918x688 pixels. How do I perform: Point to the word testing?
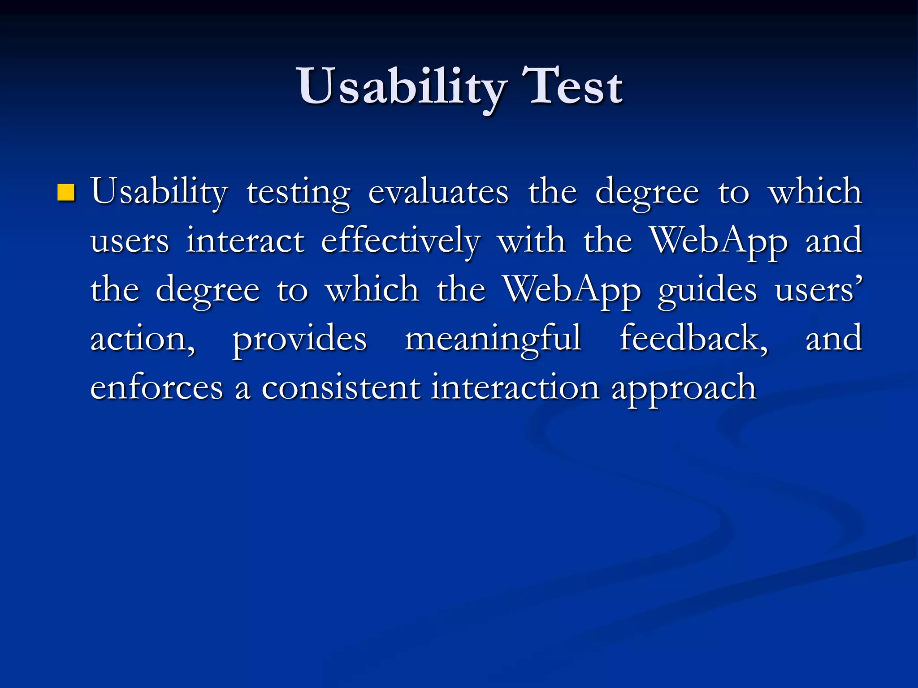point(299,193)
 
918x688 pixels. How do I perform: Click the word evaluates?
point(438,192)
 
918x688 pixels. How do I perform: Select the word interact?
point(245,241)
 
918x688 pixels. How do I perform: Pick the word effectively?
point(400,242)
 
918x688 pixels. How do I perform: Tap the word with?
point(532,241)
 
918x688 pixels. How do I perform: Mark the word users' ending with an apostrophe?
point(818,290)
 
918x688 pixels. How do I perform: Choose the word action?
point(143,339)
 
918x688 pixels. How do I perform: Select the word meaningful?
point(493,340)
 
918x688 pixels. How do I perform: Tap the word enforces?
point(156,387)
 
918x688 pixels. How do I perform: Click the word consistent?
point(341,387)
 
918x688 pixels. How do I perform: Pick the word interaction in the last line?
point(515,387)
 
